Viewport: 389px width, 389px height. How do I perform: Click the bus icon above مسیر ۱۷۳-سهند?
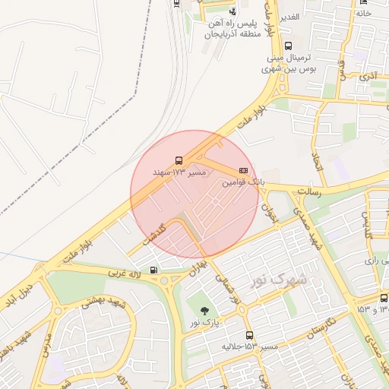(179, 160)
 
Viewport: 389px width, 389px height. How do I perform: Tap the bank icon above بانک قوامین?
(243, 170)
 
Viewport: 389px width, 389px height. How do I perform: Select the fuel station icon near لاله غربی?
(155, 270)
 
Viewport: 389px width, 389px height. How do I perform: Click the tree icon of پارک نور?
(204, 309)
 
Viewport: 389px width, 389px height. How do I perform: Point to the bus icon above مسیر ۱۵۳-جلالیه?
(249, 334)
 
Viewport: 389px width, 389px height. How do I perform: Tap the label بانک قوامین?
(243, 183)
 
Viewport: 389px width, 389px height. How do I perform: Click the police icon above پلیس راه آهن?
(232, 12)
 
